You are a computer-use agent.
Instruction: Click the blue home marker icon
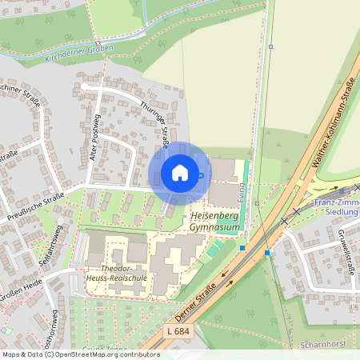[x=180, y=172]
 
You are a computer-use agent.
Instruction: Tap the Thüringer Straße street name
[x=154, y=124]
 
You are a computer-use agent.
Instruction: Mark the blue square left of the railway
[x=242, y=248]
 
